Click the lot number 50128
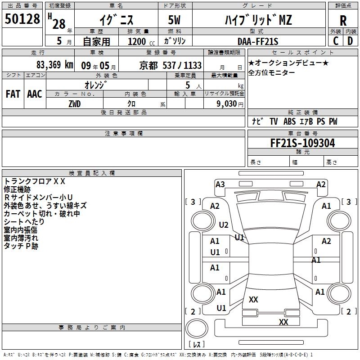coord(22,19)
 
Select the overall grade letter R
coord(343,20)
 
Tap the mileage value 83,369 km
coord(54,65)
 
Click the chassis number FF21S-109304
coord(302,143)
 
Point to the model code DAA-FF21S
coord(258,41)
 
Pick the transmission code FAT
coord(13,94)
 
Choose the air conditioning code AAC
coord(35,94)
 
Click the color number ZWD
coord(75,104)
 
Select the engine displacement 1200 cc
coord(141,41)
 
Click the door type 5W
coord(174,20)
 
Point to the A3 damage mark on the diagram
coord(220,184)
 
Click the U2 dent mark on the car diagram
coord(224,225)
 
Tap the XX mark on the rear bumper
coord(283,322)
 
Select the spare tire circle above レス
coord(197,328)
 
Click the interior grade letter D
coord(350,41)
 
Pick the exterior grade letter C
coord(336,41)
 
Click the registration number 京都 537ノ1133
coord(171,65)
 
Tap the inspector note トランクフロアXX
coord(35,181)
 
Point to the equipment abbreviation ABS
coord(289,121)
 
